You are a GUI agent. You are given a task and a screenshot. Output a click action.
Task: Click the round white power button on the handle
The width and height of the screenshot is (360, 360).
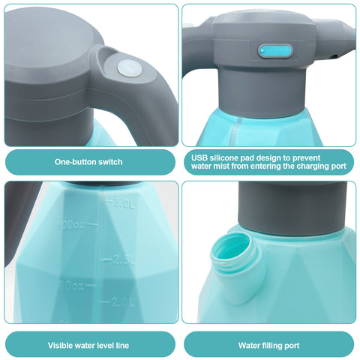coord(130,68)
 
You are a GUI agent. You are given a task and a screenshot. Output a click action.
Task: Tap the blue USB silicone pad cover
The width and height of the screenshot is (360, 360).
coord(275,51)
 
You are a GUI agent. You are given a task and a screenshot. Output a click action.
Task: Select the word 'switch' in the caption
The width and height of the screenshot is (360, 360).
coord(110,162)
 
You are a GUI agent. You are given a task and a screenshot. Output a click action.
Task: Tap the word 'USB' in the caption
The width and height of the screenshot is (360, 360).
coord(199,158)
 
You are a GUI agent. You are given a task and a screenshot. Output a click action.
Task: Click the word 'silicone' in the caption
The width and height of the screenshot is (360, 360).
coord(224,158)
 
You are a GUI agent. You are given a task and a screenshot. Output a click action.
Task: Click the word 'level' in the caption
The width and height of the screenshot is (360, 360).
coord(105,346)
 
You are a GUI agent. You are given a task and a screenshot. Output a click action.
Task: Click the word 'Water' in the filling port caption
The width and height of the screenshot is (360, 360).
coord(249,346)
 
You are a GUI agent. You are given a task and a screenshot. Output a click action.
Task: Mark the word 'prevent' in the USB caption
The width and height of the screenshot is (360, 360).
coord(307,158)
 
